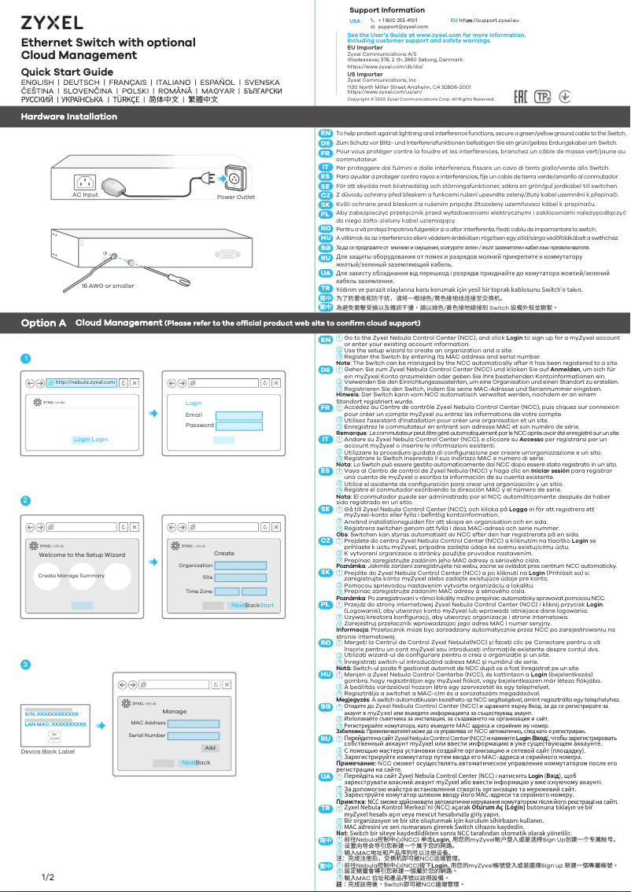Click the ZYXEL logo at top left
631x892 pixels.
click(x=52, y=21)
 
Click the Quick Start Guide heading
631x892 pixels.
click(x=67, y=72)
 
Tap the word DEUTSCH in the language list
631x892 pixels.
click(x=81, y=83)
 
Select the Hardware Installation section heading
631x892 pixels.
click(x=68, y=116)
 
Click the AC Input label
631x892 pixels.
click(x=85, y=194)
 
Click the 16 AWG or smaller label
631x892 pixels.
click(x=97, y=286)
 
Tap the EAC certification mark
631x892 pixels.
click(x=520, y=97)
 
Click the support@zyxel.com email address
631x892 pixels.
click(x=404, y=27)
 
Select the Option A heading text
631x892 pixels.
click(x=43, y=323)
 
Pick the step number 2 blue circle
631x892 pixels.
click(x=25, y=500)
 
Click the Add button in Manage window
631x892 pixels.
click(x=209, y=747)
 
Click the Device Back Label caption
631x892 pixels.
click(x=47, y=751)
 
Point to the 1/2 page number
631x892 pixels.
click(x=47, y=876)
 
